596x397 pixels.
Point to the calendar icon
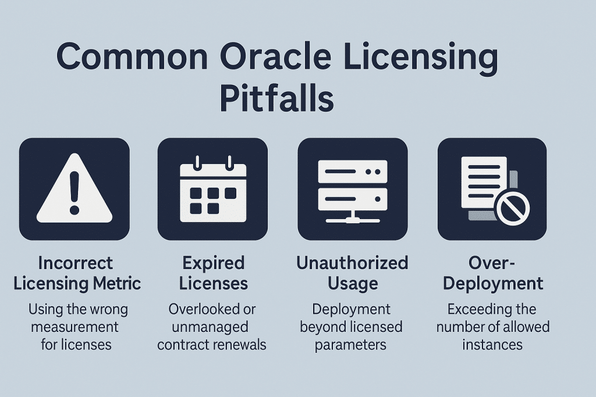[x=214, y=189]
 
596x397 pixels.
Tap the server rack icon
[x=353, y=189]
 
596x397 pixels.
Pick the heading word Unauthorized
[x=352, y=263]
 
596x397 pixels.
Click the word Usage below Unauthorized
[x=352, y=284]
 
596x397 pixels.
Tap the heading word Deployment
[x=492, y=284]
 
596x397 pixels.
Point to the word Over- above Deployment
[x=493, y=263]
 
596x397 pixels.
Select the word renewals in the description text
[x=239, y=344]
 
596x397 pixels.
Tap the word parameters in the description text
[x=351, y=344]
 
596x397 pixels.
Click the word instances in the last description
[x=492, y=344]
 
